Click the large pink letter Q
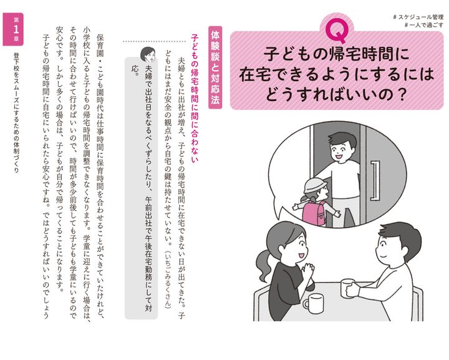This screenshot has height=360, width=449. point(338,31)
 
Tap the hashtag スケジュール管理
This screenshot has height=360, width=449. point(418,17)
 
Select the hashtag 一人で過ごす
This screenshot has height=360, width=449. point(424,25)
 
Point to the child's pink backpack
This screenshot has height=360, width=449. point(314,212)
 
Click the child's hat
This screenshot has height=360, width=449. point(315,185)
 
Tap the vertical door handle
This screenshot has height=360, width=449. point(375,180)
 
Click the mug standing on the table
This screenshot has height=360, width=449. point(314,304)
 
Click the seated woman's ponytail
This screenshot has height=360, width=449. point(264,267)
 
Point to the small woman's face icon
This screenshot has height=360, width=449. point(148,54)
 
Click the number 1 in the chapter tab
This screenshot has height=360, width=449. point(16,29)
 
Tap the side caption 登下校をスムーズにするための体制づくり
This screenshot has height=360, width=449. point(16,112)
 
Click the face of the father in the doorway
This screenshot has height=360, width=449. point(340,150)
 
